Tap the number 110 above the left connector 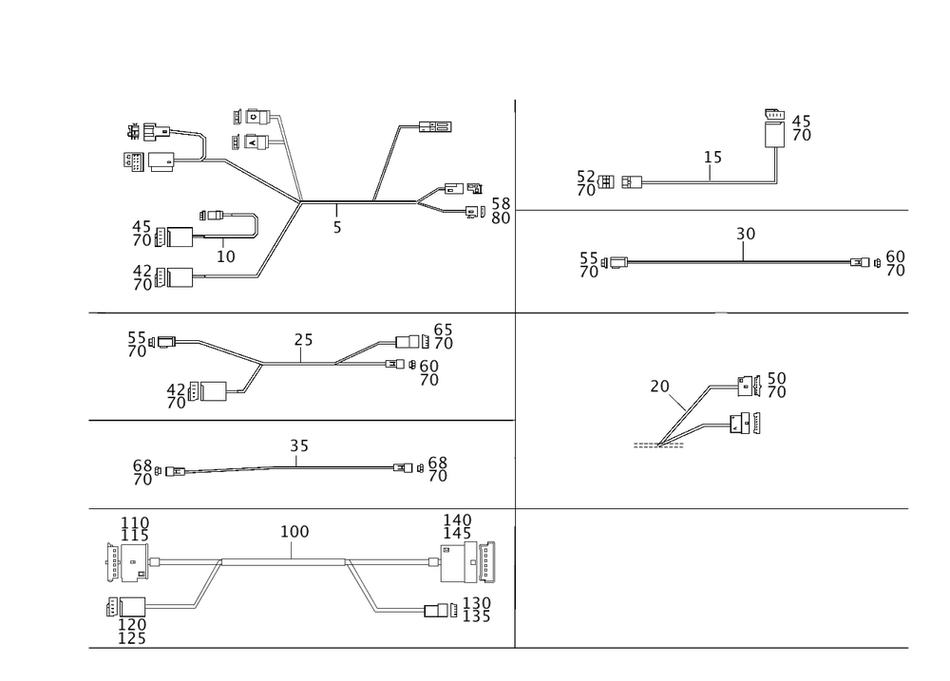pyautogui.click(x=134, y=521)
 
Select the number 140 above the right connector pyautogui.click(x=457, y=520)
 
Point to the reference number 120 pyautogui.click(x=132, y=623)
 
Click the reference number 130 pyautogui.click(x=475, y=603)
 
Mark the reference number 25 pyautogui.click(x=304, y=340)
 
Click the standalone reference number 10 pyautogui.click(x=225, y=255)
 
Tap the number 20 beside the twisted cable pyautogui.click(x=659, y=386)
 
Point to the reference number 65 pyautogui.click(x=443, y=329)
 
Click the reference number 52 pyautogui.click(x=586, y=176)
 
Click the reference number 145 pyautogui.click(x=457, y=535)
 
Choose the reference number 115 pyautogui.click(x=134, y=536)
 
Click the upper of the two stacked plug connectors pyautogui.click(x=252, y=118)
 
